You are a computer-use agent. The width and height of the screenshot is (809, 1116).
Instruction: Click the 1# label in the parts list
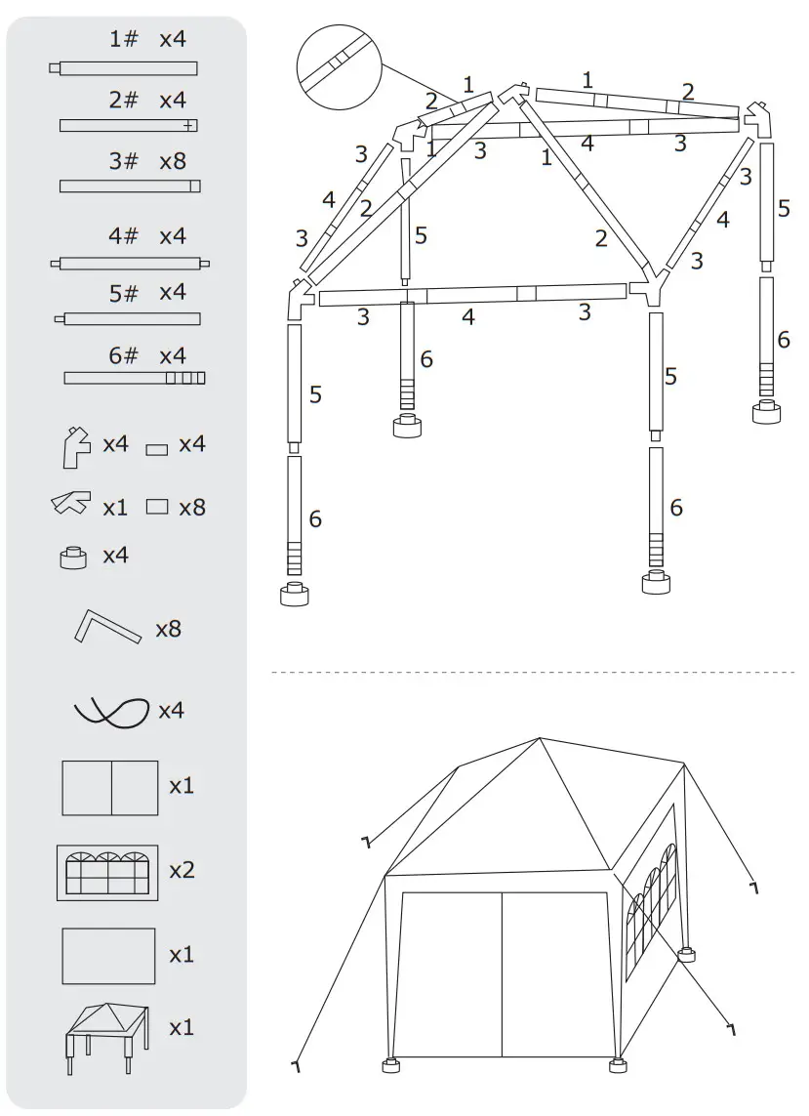123,40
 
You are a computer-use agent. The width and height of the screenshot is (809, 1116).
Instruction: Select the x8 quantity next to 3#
173,161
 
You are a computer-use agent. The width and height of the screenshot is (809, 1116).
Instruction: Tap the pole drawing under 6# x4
134,378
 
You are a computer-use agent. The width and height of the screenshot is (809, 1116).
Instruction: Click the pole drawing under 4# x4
130,264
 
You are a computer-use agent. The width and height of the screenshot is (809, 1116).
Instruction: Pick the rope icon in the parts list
111,711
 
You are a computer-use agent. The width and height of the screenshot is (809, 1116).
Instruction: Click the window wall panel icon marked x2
107,872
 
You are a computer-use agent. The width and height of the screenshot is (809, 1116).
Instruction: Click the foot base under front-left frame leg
294,594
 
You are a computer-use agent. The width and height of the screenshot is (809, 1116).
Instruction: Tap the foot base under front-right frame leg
656,583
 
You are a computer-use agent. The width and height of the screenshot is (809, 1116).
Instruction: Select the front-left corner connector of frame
300,298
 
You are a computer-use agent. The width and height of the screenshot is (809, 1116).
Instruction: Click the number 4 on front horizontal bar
468,316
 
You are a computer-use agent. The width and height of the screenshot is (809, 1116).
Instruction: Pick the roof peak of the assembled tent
540,739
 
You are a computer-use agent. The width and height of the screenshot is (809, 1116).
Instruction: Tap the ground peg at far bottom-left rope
294,1064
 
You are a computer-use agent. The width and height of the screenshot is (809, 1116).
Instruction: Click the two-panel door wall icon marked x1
110,788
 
